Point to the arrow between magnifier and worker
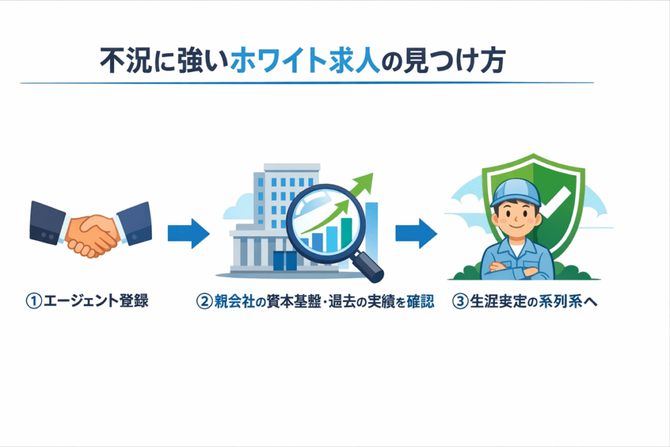point(415,233)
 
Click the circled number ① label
point(33,302)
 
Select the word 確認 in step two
point(417,302)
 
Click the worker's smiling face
point(516,219)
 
